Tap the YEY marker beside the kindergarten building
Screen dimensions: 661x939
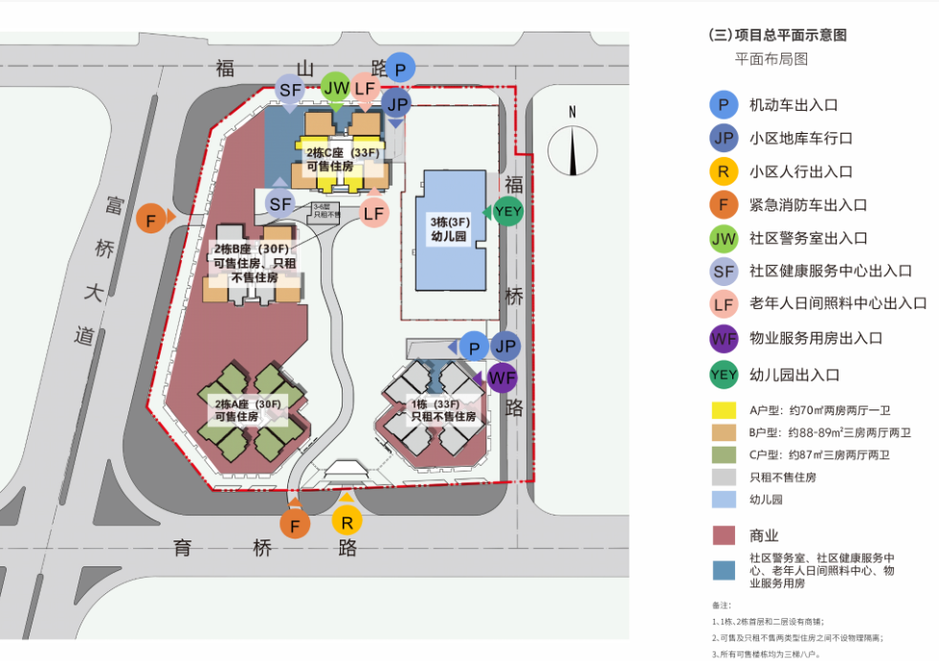508,211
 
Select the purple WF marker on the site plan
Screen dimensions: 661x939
502,378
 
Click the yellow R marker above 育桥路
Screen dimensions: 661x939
347,521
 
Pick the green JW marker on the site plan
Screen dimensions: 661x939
336,88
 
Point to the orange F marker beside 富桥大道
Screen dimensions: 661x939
151,219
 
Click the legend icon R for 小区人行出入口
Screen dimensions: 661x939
723,172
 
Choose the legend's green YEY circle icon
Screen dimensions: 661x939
723,375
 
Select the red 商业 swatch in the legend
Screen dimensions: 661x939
723,536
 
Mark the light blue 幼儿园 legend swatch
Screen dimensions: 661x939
723,499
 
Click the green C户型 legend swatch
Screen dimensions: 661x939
723,454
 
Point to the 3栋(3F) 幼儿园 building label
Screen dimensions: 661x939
448,229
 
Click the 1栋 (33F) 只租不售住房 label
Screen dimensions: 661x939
442,410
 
